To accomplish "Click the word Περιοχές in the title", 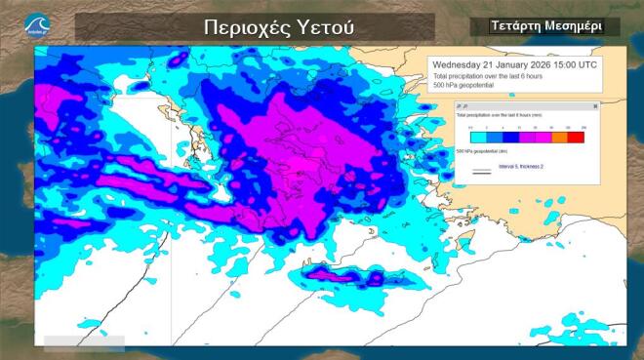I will (x=242, y=26).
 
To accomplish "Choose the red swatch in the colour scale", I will (x=576, y=138).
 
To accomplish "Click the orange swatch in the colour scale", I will (x=559, y=138).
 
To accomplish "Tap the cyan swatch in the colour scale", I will (x=477, y=138).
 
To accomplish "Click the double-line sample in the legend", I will (x=481, y=171).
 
